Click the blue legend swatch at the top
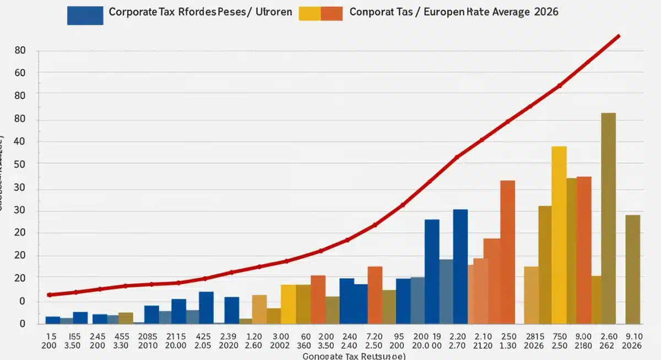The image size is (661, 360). tap(85, 15)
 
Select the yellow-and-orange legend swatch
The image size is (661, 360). tap(320, 14)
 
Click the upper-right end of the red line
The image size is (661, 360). tap(619, 36)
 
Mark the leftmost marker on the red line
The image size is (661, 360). tap(50, 295)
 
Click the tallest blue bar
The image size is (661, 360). tap(460, 266)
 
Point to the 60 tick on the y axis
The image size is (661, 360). tap(20, 73)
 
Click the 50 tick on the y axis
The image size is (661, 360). tap(20, 164)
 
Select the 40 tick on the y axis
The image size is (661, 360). tap(20, 142)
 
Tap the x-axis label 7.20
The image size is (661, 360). tap(375, 336)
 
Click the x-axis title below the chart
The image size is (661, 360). tap(355, 356)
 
